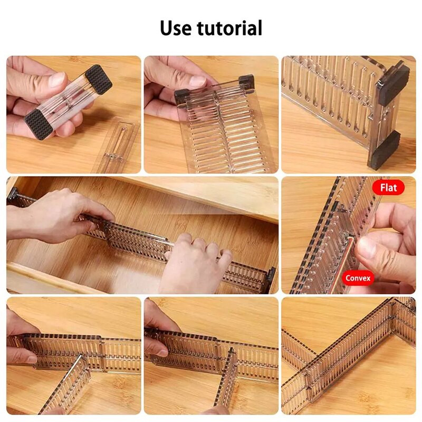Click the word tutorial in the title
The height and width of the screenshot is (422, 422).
pos(230,28)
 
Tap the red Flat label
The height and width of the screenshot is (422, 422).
pos(388,187)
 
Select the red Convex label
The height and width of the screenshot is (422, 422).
pos(358,277)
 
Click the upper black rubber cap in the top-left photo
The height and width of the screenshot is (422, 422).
pos(98,79)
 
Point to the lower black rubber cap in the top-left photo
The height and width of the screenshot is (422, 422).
pos(39,125)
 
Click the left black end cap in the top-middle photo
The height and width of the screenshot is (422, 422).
pos(181,95)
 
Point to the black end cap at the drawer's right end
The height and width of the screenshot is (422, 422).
pos(271,280)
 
